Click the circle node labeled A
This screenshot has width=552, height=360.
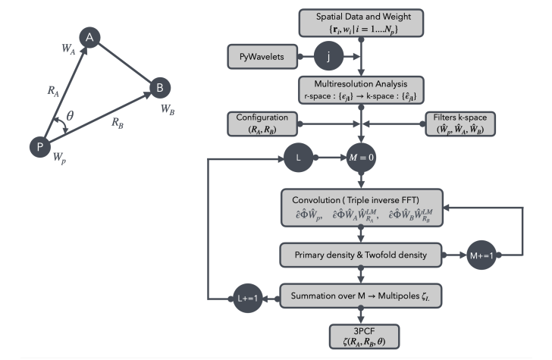(x=90, y=38)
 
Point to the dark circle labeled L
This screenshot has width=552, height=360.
(x=296, y=159)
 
